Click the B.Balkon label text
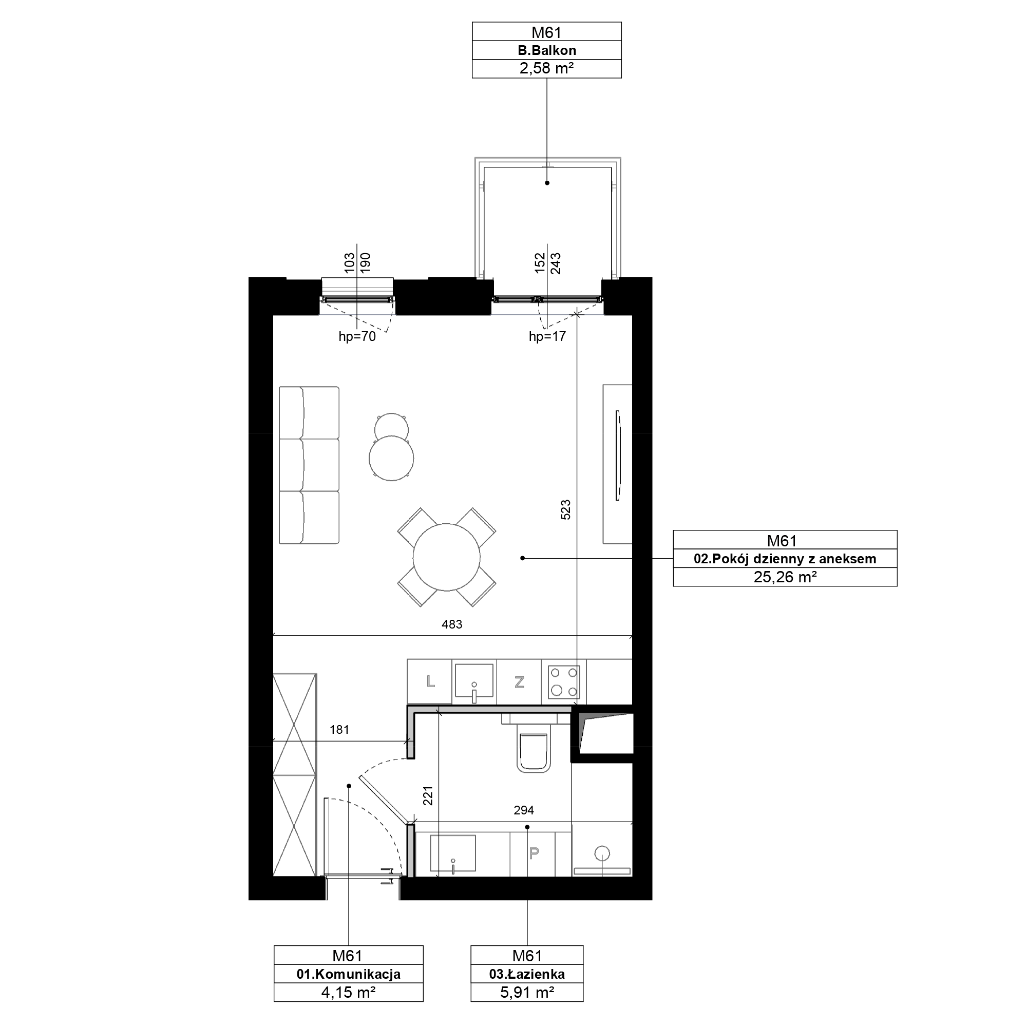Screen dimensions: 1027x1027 pyautogui.click(x=546, y=50)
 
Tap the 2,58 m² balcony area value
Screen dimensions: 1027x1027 pyautogui.click(x=546, y=69)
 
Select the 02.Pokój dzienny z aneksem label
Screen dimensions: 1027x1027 pyautogui.click(x=785, y=559)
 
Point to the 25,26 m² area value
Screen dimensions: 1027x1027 pyautogui.click(x=785, y=577)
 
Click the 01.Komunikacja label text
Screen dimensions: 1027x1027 pyautogui.click(x=348, y=975)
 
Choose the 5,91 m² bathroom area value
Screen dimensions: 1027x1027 pyautogui.click(x=527, y=993)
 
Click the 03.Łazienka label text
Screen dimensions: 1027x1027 pyautogui.click(x=527, y=975)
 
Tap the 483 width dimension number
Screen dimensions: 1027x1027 pyautogui.click(x=452, y=624)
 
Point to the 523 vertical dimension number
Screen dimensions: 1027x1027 pyautogui.click(x=565, y=510)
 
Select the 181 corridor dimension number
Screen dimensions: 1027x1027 pyautogui.click(x=339, y=730)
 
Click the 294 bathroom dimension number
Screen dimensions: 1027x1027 pyautogui.click(x=524, y=810)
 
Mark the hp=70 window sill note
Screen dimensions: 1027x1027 pyautogui.click(x=357, y=336)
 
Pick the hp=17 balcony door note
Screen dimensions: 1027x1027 pyautogui.click(x=547, y=336)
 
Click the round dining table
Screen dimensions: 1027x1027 pyautogui.click(x=447, y=557)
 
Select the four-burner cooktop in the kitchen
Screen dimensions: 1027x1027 pyautogui.click(x=564, y=682)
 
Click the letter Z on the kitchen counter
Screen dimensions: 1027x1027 pyautogui.click(x=519, y=682)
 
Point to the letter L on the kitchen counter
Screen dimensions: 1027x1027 pyautogui.click(x=431, y=681)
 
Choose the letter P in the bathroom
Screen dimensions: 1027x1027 pyautogui.click(x=534, y=853)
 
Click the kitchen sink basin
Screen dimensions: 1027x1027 pyautogui.click(x=473, y=681)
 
